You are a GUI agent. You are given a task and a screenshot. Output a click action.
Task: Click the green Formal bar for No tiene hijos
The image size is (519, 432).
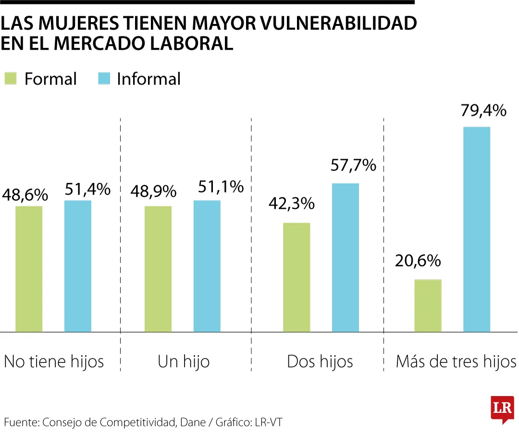coord(29,269)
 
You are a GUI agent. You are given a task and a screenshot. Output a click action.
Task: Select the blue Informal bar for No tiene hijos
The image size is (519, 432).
coord(78,266)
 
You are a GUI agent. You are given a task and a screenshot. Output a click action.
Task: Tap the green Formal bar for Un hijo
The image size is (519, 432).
coord(158,269)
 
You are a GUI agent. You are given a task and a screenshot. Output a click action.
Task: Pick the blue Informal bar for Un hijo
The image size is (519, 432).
coord(207,266)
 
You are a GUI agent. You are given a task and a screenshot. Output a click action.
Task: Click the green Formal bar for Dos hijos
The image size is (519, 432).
coord(297,277)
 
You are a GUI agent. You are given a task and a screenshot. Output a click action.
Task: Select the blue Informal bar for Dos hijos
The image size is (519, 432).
coord(346,257)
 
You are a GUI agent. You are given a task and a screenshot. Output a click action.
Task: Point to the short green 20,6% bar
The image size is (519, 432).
coord(428,305)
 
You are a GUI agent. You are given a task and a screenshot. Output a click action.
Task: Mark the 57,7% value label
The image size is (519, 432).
coord(353,166)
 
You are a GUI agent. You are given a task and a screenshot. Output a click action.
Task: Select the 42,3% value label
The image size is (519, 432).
coord(292,204)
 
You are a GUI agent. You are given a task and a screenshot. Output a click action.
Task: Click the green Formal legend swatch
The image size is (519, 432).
coord(11,79)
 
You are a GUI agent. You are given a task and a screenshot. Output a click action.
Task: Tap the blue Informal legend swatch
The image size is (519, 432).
coord(104,79)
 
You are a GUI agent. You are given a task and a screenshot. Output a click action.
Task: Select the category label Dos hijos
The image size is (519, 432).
coord(320,361)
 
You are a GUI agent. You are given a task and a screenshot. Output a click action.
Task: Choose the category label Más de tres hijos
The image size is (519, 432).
coord(456,361)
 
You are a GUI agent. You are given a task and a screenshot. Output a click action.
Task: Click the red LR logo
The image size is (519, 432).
coord(502,409)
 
